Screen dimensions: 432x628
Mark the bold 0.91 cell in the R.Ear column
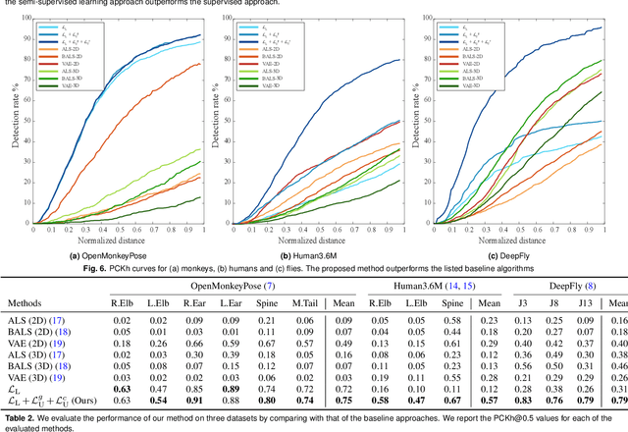(194, 401)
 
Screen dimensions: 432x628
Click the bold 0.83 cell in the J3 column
(526, 401)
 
